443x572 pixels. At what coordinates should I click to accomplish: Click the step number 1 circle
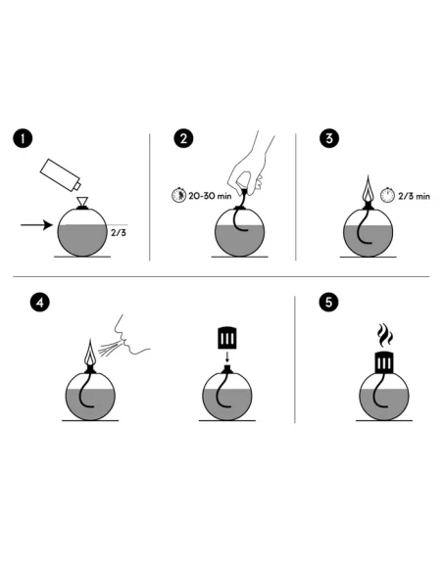23,139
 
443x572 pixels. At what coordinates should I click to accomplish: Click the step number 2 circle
183,139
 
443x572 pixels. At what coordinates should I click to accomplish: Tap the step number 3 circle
329,139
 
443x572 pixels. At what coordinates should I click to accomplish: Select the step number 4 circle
40,303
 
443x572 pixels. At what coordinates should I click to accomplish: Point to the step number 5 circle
328,303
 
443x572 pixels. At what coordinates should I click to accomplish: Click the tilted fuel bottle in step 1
61,175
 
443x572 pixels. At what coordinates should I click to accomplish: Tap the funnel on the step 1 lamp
82,202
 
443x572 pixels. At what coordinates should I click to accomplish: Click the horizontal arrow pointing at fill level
37,224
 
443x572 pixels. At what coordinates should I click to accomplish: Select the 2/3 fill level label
119,232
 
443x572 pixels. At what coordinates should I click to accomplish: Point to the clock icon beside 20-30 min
178,195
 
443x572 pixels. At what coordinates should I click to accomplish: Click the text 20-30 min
210,196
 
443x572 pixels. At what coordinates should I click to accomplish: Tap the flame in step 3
369,189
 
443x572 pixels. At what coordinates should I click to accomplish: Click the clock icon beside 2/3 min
387,195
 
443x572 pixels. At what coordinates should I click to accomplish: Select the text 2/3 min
415,196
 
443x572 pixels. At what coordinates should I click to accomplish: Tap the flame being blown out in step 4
90,353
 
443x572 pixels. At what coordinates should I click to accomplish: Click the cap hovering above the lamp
227,338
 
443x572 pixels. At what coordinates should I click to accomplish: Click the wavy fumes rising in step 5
384,335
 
